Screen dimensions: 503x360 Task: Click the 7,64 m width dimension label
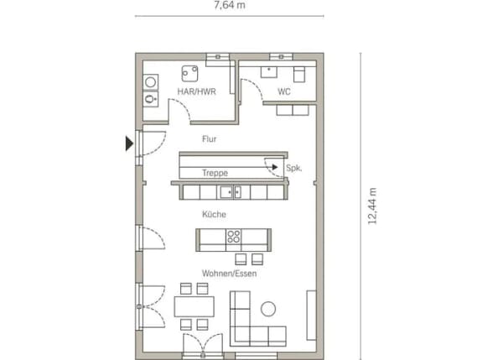[230, 6]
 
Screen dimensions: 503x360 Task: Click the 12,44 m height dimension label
[372, 206]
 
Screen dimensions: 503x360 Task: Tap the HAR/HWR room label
[197, 91]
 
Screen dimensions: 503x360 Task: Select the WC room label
[284, 91]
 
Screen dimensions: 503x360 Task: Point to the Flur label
[209, 139]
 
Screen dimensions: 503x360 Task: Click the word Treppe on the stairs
[215, 173]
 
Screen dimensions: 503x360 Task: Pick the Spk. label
[294, 168]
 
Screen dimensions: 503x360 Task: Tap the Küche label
[214, 214]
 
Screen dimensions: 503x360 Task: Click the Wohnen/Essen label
[229, 274]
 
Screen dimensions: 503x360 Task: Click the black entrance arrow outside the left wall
[129, 143]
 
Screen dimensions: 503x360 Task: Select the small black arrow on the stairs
[275, 167]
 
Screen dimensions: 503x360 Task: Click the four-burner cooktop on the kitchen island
[234, 237]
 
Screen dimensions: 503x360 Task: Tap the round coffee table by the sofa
[268, 309]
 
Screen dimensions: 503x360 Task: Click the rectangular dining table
[194, 306]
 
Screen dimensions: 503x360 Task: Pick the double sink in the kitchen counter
[231, 192]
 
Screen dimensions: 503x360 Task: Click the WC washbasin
[269, 72]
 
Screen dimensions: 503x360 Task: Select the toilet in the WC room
[299, 74]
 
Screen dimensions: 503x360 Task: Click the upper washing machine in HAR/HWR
[150, 82]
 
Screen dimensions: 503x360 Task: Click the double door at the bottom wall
[203, 343]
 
